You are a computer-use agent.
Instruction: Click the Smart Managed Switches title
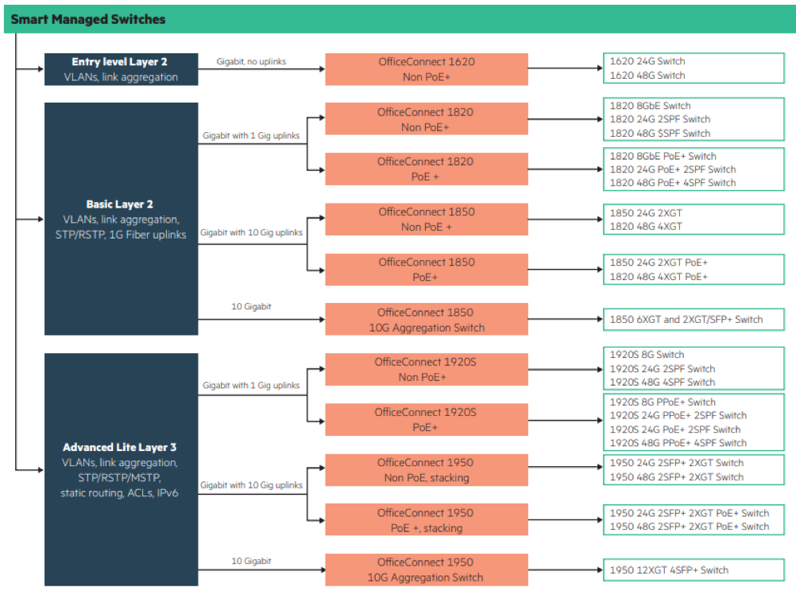[x=88, y=19]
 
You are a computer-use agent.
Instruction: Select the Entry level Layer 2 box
[x=121, y=69]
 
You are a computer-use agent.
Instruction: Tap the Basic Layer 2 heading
[x=120, y=204]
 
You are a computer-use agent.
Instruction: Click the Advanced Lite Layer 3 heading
[x=120, y=447]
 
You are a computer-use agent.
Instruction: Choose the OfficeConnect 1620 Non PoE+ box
[x=426, y=69]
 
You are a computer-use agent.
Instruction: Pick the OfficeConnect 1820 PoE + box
[x=426, y=169]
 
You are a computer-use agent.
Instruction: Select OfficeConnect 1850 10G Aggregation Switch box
[x=426, y=320]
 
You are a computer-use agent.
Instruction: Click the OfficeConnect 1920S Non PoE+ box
[x=426, y=370]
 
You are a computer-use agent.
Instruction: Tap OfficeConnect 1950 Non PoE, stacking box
[x=426, y=470]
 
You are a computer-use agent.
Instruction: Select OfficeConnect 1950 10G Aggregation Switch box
[x=426, y=570]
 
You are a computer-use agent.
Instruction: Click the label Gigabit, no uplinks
[x=251, y=61]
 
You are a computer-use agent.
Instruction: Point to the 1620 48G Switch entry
[x=647, y=76]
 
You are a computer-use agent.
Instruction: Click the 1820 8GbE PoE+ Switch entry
[x=663, y=156]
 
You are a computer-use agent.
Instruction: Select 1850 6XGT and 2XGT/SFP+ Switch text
[x=686, y=320]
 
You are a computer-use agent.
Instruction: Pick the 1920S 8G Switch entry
[x=647, y=355]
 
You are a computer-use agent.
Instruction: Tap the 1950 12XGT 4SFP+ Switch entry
[x=669, y=570]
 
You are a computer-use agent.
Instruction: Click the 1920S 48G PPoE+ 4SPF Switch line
[x=678, y=443]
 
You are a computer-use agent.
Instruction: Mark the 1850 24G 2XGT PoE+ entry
[x=659, y=262]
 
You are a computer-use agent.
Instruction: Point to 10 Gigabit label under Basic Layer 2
[x=251, y=306]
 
